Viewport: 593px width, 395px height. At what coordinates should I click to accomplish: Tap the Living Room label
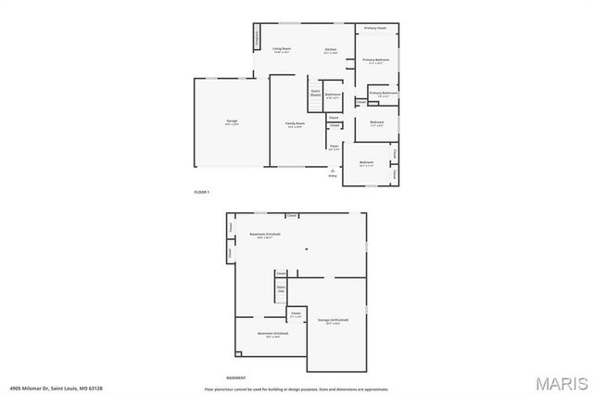[x=282, y=49]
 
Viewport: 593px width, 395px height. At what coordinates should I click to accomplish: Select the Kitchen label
[x=330, y=49]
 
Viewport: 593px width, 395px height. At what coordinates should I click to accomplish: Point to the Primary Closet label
[x=375, y=29]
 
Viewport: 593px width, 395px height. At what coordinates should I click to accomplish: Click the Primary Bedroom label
[x=375, y=60]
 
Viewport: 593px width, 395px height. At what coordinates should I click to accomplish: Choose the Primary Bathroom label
[x=384, y=93]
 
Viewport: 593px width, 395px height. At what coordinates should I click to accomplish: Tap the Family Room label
[x=295, y=123]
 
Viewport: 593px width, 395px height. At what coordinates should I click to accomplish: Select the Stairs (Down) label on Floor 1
[x=315, y=93]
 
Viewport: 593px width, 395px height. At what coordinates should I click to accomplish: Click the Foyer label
[x=334, y=145]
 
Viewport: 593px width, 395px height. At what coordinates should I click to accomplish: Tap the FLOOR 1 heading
[x=202, y=192]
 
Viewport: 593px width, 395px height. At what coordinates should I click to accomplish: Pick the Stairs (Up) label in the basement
[x=281, y=289]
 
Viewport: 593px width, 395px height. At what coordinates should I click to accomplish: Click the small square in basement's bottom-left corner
[x=238, y=353]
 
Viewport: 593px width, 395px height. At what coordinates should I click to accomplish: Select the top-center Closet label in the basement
[x=291, y=215]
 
